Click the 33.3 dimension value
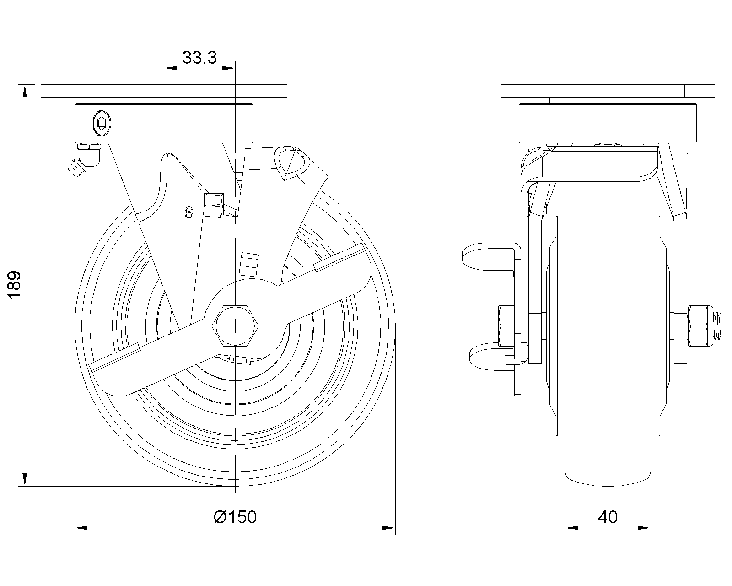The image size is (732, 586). coord(199,58)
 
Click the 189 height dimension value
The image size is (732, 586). coord(15,285)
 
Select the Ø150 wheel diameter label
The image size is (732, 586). coord(235,517)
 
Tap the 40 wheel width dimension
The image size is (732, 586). coord(608,517)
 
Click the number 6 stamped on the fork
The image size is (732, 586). coord(189,213)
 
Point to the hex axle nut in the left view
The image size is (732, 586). coord(235,326)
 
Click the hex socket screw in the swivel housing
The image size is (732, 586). coord(102,123)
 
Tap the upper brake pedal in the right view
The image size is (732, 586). coord(490,256)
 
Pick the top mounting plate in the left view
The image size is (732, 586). coord(164,91)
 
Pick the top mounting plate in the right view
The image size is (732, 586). coord(608,91)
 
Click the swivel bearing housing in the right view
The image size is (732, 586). coord(608,123)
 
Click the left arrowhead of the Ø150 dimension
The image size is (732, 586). coord(81,528)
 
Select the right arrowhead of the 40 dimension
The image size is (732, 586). coord(644,528)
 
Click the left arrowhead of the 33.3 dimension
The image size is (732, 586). coord(170,68)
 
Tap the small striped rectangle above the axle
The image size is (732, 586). coord(248,264)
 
